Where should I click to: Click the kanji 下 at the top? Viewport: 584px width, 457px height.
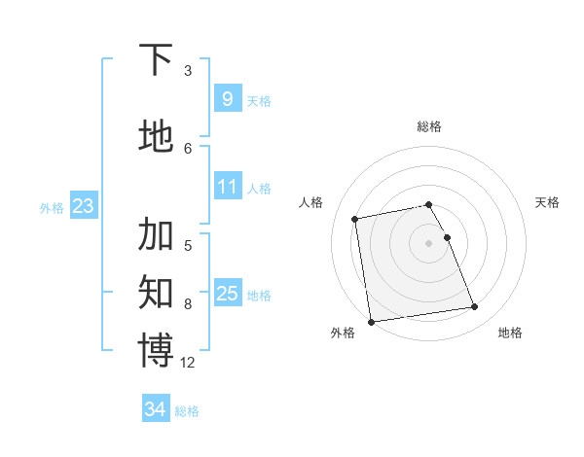tap(156, 61)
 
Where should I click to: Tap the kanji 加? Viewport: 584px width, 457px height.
tap(156, 235)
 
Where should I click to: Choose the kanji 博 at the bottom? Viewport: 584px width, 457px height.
tap(156, 350)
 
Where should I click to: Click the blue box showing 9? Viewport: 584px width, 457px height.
tap(227, 99)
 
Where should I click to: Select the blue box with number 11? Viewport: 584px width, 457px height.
tap(228, 187)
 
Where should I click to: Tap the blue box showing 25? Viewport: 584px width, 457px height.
tap(228, 294)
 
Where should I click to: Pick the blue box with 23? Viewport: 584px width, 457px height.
tap(83, 206)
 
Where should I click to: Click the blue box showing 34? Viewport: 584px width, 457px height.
tap(155, 410)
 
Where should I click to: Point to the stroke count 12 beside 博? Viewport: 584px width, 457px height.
tap(188, 363)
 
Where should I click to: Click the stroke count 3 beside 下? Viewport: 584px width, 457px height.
tap(188, 71)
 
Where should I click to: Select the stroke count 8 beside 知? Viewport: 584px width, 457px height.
tap(188, 304)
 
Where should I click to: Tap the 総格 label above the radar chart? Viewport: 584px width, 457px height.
tap(429, 126)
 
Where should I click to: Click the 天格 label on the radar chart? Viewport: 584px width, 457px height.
tap(547, 202)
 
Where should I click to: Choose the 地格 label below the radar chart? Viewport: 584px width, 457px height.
tap(510, 333)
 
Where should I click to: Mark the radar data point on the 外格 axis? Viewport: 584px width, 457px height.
tap(371, 321)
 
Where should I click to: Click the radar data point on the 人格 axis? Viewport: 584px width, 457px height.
tap(355, 218)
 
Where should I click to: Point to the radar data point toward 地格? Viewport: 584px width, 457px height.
tap(474, 307)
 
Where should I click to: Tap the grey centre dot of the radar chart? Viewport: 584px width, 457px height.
tap(429, 242)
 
